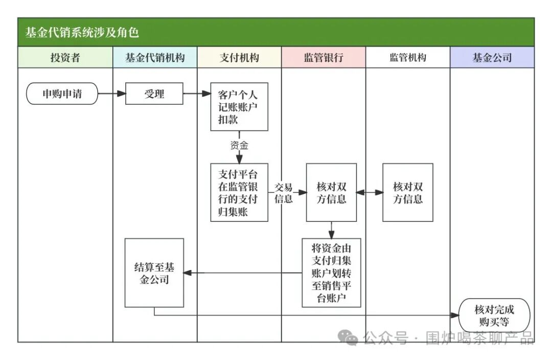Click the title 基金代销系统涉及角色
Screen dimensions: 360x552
click(x=82, y=33)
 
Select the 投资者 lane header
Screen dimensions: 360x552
click(x=65, y=58)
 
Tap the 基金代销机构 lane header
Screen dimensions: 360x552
click(x=155, y=58)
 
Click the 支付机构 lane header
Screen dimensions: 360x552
click(x=239, y=58)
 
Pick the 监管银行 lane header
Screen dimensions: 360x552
click(x=324, y=58)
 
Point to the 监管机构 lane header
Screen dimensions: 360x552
click(x=408, y=58)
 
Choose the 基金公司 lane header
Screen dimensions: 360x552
click(x=492, y=58)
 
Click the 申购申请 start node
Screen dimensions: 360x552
click(x=62, y=94)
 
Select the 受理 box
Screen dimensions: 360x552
click(x=154, y=94)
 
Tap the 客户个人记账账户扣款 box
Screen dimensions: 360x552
click(x=239, y=107)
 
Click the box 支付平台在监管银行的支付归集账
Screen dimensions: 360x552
click(x=239, y=192)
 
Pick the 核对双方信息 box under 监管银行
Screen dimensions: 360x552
click(x=331, y=192)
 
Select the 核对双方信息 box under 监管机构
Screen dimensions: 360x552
click(x=408, y=192)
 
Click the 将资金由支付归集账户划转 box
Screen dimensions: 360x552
click(x=331, y=273)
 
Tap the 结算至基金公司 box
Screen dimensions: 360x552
click(x=154, y=273)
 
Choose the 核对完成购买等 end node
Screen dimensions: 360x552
click(x=494, y=316)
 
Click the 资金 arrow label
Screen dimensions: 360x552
click(x=239, y=146)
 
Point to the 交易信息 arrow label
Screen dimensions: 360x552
click(x=284, y=193)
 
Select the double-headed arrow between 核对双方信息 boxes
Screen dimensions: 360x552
click(x=370, y=193)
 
